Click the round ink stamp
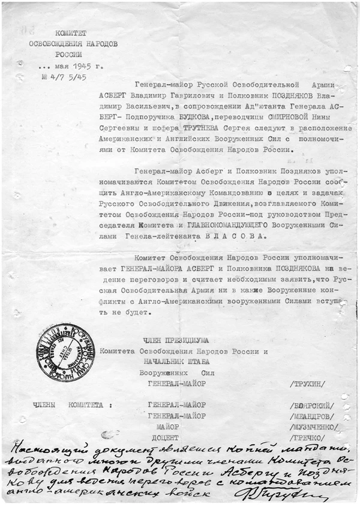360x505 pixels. pos(65,351)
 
